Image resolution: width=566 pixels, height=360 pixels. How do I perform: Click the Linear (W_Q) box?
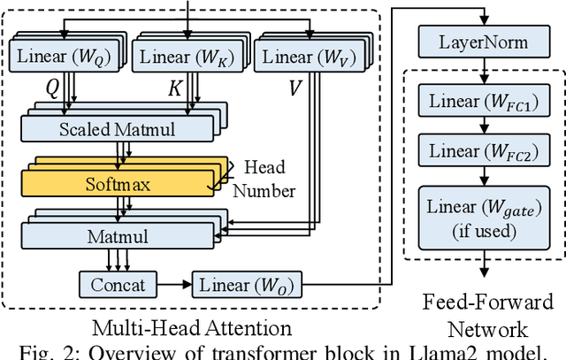pyautogui.click(x=63, y=57)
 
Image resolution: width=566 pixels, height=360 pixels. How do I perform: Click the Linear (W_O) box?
pyautogui.click(x=246, y=286)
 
